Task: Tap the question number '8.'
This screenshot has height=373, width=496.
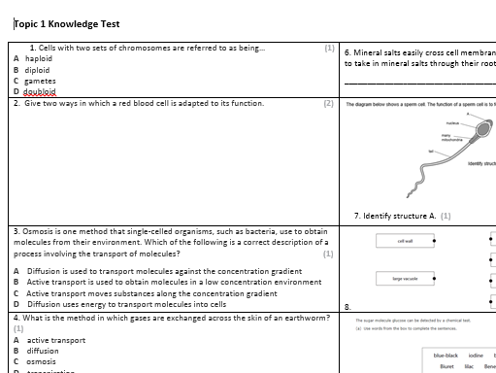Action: pyautogui.click(x=347, y=306)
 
